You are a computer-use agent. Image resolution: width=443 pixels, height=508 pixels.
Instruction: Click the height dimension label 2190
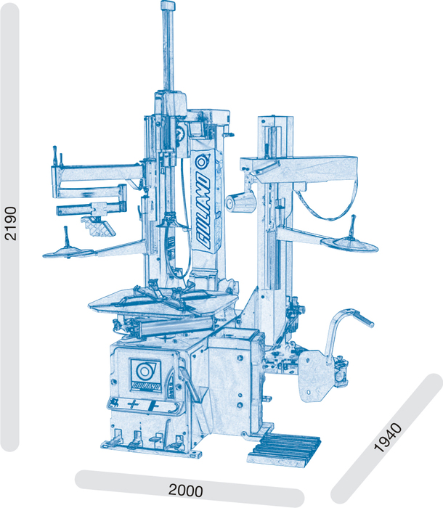12,224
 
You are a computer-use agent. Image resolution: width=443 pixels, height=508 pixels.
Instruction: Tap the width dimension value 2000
185,490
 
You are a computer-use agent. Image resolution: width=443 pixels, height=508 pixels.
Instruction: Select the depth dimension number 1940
388,438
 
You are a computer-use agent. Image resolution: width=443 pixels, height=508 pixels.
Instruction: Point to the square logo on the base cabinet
146,375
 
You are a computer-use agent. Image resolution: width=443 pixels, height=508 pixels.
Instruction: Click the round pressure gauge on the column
179,133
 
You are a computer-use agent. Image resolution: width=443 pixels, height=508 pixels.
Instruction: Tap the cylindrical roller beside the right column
240,202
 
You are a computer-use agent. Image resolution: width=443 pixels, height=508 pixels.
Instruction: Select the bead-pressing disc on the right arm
350,244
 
